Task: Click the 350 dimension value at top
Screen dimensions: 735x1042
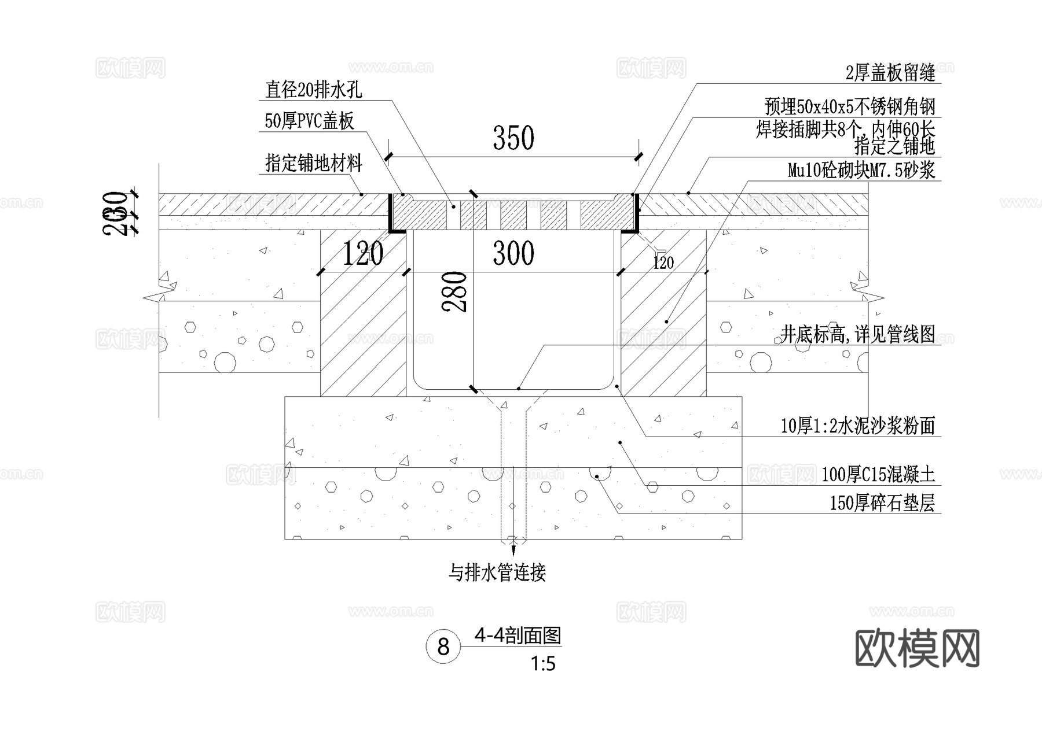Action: [x=513, y=138]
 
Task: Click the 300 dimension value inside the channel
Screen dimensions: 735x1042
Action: [x=513, y=253]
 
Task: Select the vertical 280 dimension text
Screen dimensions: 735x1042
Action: [x=455, y=292]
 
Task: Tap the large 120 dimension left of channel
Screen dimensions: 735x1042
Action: [x=363, y=254]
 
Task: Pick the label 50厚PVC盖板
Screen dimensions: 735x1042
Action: [x=309, y=121]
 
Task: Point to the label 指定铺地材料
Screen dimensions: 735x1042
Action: [x=313, y=164]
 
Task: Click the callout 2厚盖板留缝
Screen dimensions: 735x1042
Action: [x=890, y=73]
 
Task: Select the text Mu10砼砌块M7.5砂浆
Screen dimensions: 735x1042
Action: [x=861, y=171]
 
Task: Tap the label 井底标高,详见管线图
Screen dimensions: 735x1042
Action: [x=857, y=334]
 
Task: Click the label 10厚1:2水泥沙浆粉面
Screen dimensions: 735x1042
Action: [x=857, y=426]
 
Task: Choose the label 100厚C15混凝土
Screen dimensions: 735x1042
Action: [x=878, y=475]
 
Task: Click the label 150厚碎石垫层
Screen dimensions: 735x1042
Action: [x=882, y=503]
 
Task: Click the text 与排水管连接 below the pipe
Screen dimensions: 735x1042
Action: [x=497, y=573]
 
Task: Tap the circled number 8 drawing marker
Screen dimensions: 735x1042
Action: [x=443, y=647]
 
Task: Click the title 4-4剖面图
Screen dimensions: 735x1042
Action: [x=518, y=636]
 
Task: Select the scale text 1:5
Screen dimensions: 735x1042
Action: [x=543, y=664]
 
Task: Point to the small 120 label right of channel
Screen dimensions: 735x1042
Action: [x=663, y=263]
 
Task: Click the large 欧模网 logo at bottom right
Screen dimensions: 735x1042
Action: [x=917, y=649]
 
